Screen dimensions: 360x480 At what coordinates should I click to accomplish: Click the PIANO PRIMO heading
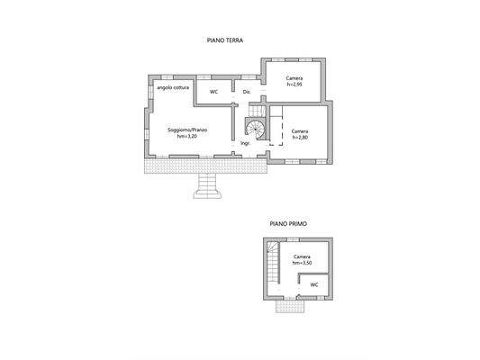286,221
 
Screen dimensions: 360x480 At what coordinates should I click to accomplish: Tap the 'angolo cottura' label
172,88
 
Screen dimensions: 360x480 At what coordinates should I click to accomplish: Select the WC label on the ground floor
214,92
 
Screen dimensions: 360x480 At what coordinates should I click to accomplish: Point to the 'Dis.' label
246,92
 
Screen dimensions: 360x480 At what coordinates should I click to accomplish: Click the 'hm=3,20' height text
187,138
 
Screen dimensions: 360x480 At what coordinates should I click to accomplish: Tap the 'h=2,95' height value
294,85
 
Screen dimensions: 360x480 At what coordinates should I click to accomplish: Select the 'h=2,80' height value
302,138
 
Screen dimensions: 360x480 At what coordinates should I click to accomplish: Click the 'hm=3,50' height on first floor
302,262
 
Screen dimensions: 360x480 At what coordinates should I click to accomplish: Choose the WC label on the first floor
314,285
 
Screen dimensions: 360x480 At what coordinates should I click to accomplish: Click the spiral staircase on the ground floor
257,128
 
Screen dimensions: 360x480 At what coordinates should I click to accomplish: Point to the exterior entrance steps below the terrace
209,186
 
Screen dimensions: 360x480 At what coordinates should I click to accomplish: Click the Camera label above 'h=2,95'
294,79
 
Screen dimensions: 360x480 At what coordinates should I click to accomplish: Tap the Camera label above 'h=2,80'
302,131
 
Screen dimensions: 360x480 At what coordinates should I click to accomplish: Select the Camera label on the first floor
302,256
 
